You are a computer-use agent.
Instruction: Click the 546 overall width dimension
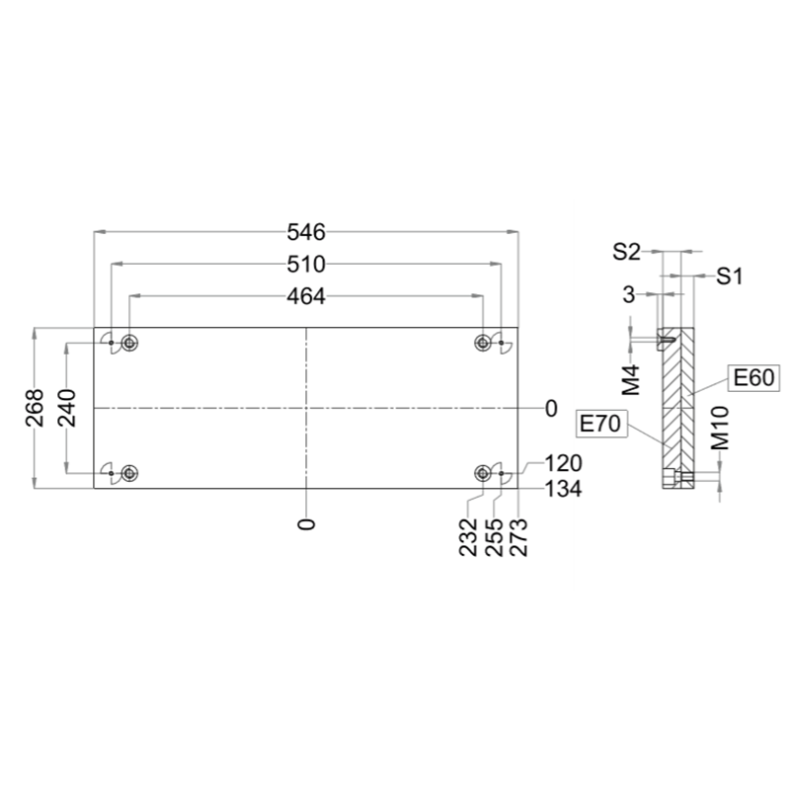coord(306,232)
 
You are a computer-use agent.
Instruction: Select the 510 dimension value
coord(306,265)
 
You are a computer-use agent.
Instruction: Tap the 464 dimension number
coord(306,297)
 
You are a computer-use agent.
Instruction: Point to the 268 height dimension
coord(35,408)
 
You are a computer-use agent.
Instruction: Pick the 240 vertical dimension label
coord(67,408)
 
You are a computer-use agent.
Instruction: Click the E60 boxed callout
coord(753,377)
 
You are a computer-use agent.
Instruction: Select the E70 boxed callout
coord(600,424)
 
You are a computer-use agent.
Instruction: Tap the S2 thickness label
coord(626,252)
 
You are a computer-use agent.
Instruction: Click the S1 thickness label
coord(730,276)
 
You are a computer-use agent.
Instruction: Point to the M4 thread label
coord(630,380)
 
